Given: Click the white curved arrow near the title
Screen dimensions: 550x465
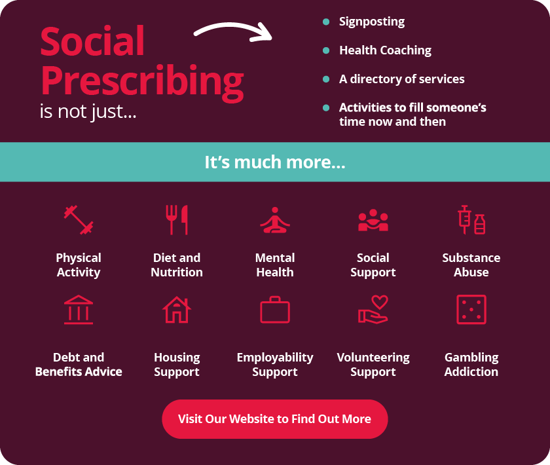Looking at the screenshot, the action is (x=232, y=26).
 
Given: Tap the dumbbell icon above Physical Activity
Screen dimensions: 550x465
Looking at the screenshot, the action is (x=79, y=220).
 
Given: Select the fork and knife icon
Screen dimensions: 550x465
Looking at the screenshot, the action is (x=177, y=220).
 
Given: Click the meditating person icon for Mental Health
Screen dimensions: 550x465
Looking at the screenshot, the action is (x=275, y=220).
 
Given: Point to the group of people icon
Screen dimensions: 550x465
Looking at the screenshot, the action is (x=373, y=220).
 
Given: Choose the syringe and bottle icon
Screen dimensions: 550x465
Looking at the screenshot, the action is (x=471, y=220).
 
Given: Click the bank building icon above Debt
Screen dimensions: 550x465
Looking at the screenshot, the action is (x=79, y=310).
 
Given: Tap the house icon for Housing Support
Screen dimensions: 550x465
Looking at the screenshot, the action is (x=177, y=310).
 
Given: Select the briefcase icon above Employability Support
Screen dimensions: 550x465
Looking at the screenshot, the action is (x=275, y=310).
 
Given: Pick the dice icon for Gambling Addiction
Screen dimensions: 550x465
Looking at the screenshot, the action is (x=471, y=310).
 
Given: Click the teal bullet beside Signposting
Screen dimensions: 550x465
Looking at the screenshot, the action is (x=326, y=22).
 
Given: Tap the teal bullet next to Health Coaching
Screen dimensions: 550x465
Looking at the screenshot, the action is (x=326, y=50).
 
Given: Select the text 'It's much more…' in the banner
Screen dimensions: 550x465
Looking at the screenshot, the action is (x=275, y=162).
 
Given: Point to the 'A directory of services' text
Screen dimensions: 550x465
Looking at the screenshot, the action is (x=401, y=79).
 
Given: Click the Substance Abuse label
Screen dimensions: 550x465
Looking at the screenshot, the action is (x=471, y=265).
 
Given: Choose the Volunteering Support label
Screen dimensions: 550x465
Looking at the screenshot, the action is (x=373, y=365).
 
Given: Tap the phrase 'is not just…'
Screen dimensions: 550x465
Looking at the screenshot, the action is (x=88, y=112).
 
